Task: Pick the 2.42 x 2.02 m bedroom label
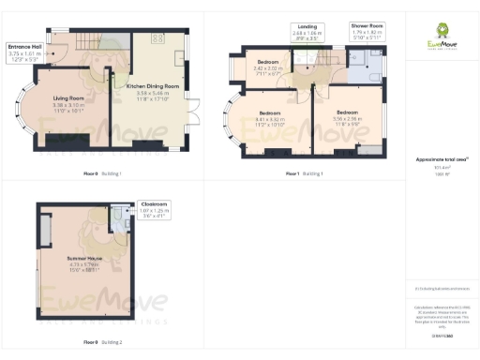point(270,66)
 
